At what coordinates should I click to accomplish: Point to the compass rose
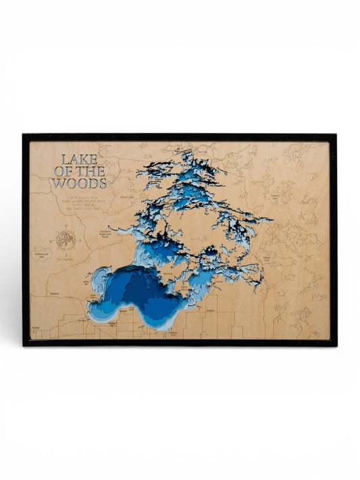point(66,237)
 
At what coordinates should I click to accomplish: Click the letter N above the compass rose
point(66,226)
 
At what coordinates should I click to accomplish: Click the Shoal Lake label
point(126,198)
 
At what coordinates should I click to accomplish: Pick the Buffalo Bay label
point(93,295)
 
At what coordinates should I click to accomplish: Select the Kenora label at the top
point(203,152)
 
